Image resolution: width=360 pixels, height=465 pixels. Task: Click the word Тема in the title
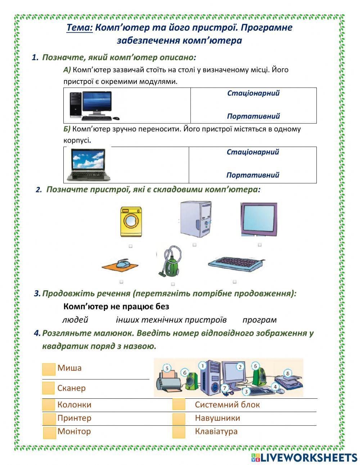pyautogui.click(x=80, y=28)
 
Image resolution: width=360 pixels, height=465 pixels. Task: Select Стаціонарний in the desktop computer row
pyautogui.click(x=253, y=93)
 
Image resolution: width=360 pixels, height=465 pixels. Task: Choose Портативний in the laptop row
pyautogui.click(x=253, y=175)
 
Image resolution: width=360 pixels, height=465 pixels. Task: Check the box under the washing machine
pyautogui.click(x=130, y=246)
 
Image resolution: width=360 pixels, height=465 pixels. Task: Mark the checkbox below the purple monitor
pyautogui.click(x=260, y=245)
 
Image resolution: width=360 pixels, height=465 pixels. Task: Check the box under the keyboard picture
pyautogui.click(x=234, y=282)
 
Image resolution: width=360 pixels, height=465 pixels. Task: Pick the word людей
pyautogui.click(x=75, y=320)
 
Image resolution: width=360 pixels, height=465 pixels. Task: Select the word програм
pyautogui.click(x=260, y=320)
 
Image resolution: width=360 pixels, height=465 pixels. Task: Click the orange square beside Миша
pyautogui.click(x=48, y=369)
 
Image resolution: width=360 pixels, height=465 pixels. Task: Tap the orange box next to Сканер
pyautogui.click(x=48, y=388)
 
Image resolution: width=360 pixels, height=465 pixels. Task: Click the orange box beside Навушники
pyautogui.click(x=179, y=419)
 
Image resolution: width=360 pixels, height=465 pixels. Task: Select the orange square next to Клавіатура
pyautogui.click(x=179, y=432)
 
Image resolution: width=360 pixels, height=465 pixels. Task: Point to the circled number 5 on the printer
pyautogui.click(x=167, y=368)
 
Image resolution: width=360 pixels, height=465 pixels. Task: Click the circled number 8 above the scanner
pyautogui.click(x=287, y=373)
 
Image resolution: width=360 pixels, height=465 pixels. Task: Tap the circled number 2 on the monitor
pyautogui.click(x=240, y=367)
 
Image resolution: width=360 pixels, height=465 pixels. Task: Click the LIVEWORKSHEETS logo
pyautogui.click(x=304, y=457)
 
